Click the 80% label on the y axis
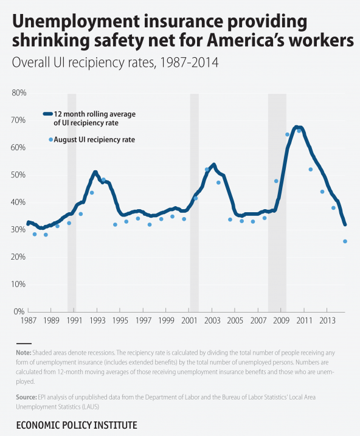coord(19,93)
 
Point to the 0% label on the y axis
coord(19,312)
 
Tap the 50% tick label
coord(18,175)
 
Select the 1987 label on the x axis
coord(29,320)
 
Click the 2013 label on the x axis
coord(327,320)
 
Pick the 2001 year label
coord(189,320)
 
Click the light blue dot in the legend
coord(51,140)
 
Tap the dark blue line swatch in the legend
coord(48,114)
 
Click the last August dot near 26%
coord(345,241)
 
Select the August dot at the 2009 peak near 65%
coord(288,134)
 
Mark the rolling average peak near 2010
coord(296,127)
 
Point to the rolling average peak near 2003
coord(213,165)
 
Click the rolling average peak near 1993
coord(95,173)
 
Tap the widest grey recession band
coord(277,202)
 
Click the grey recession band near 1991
coord(72,202)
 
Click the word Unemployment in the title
coord(76,22)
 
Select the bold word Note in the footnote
coord(24,353)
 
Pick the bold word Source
coord(26,397)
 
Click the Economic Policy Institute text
coord(77,425)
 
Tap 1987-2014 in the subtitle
coord(189,62)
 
